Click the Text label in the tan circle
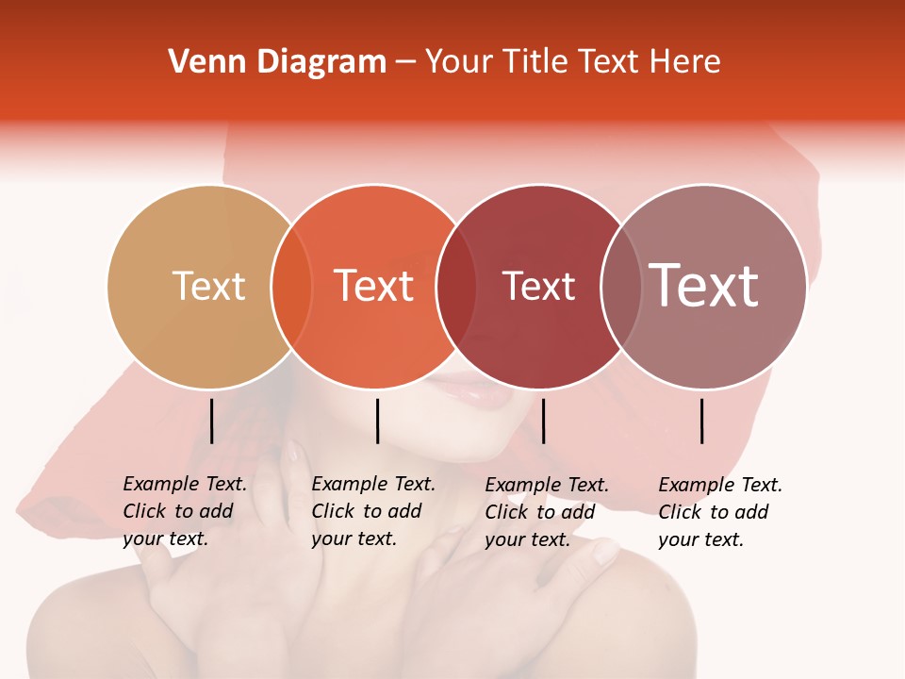(208, 286)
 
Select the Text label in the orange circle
(373, 286)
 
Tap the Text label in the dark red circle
(538, 286)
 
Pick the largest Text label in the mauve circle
(704, 286)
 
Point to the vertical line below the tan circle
(211, 421)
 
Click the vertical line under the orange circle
(377, 421)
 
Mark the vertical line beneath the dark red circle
(543, 421)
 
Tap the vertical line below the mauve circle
(702, 421)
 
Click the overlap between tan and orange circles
(291, 287)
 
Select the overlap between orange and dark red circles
(456, 287)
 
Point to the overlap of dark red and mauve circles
(621, 287)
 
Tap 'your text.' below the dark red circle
(527, 539)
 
